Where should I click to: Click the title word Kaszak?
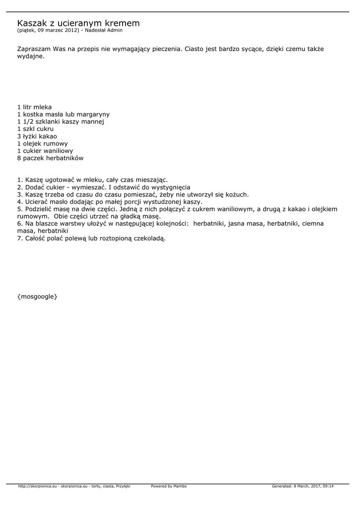(32, 23)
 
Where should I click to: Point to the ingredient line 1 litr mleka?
(34, 107)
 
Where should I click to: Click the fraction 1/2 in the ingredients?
(28, 122)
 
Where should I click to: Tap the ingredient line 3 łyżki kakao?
(37, 136)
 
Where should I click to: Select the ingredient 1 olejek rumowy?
(42, 144)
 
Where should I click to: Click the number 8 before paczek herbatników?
(19, 158)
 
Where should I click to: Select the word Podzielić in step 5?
(41, 209)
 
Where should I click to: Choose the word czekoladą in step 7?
(147, 238)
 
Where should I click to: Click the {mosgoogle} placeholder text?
(37, 296)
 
